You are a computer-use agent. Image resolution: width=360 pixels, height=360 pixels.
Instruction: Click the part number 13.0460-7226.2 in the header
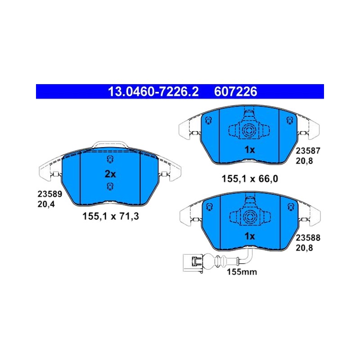153,92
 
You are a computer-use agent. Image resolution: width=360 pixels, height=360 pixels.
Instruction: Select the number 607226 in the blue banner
235,92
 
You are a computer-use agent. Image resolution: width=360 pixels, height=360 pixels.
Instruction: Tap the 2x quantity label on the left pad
110,174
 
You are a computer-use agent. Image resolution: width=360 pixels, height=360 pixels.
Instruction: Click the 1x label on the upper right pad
250,150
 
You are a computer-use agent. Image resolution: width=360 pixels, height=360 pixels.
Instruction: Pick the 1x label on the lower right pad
250,236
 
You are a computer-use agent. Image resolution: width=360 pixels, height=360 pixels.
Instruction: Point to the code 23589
50,194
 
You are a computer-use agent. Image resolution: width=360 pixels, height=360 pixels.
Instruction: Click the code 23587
308,151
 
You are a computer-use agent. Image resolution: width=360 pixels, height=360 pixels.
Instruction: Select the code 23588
308,238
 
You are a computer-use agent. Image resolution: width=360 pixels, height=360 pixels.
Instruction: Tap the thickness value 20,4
46,204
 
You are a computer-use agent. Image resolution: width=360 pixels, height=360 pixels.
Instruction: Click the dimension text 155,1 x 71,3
111,216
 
